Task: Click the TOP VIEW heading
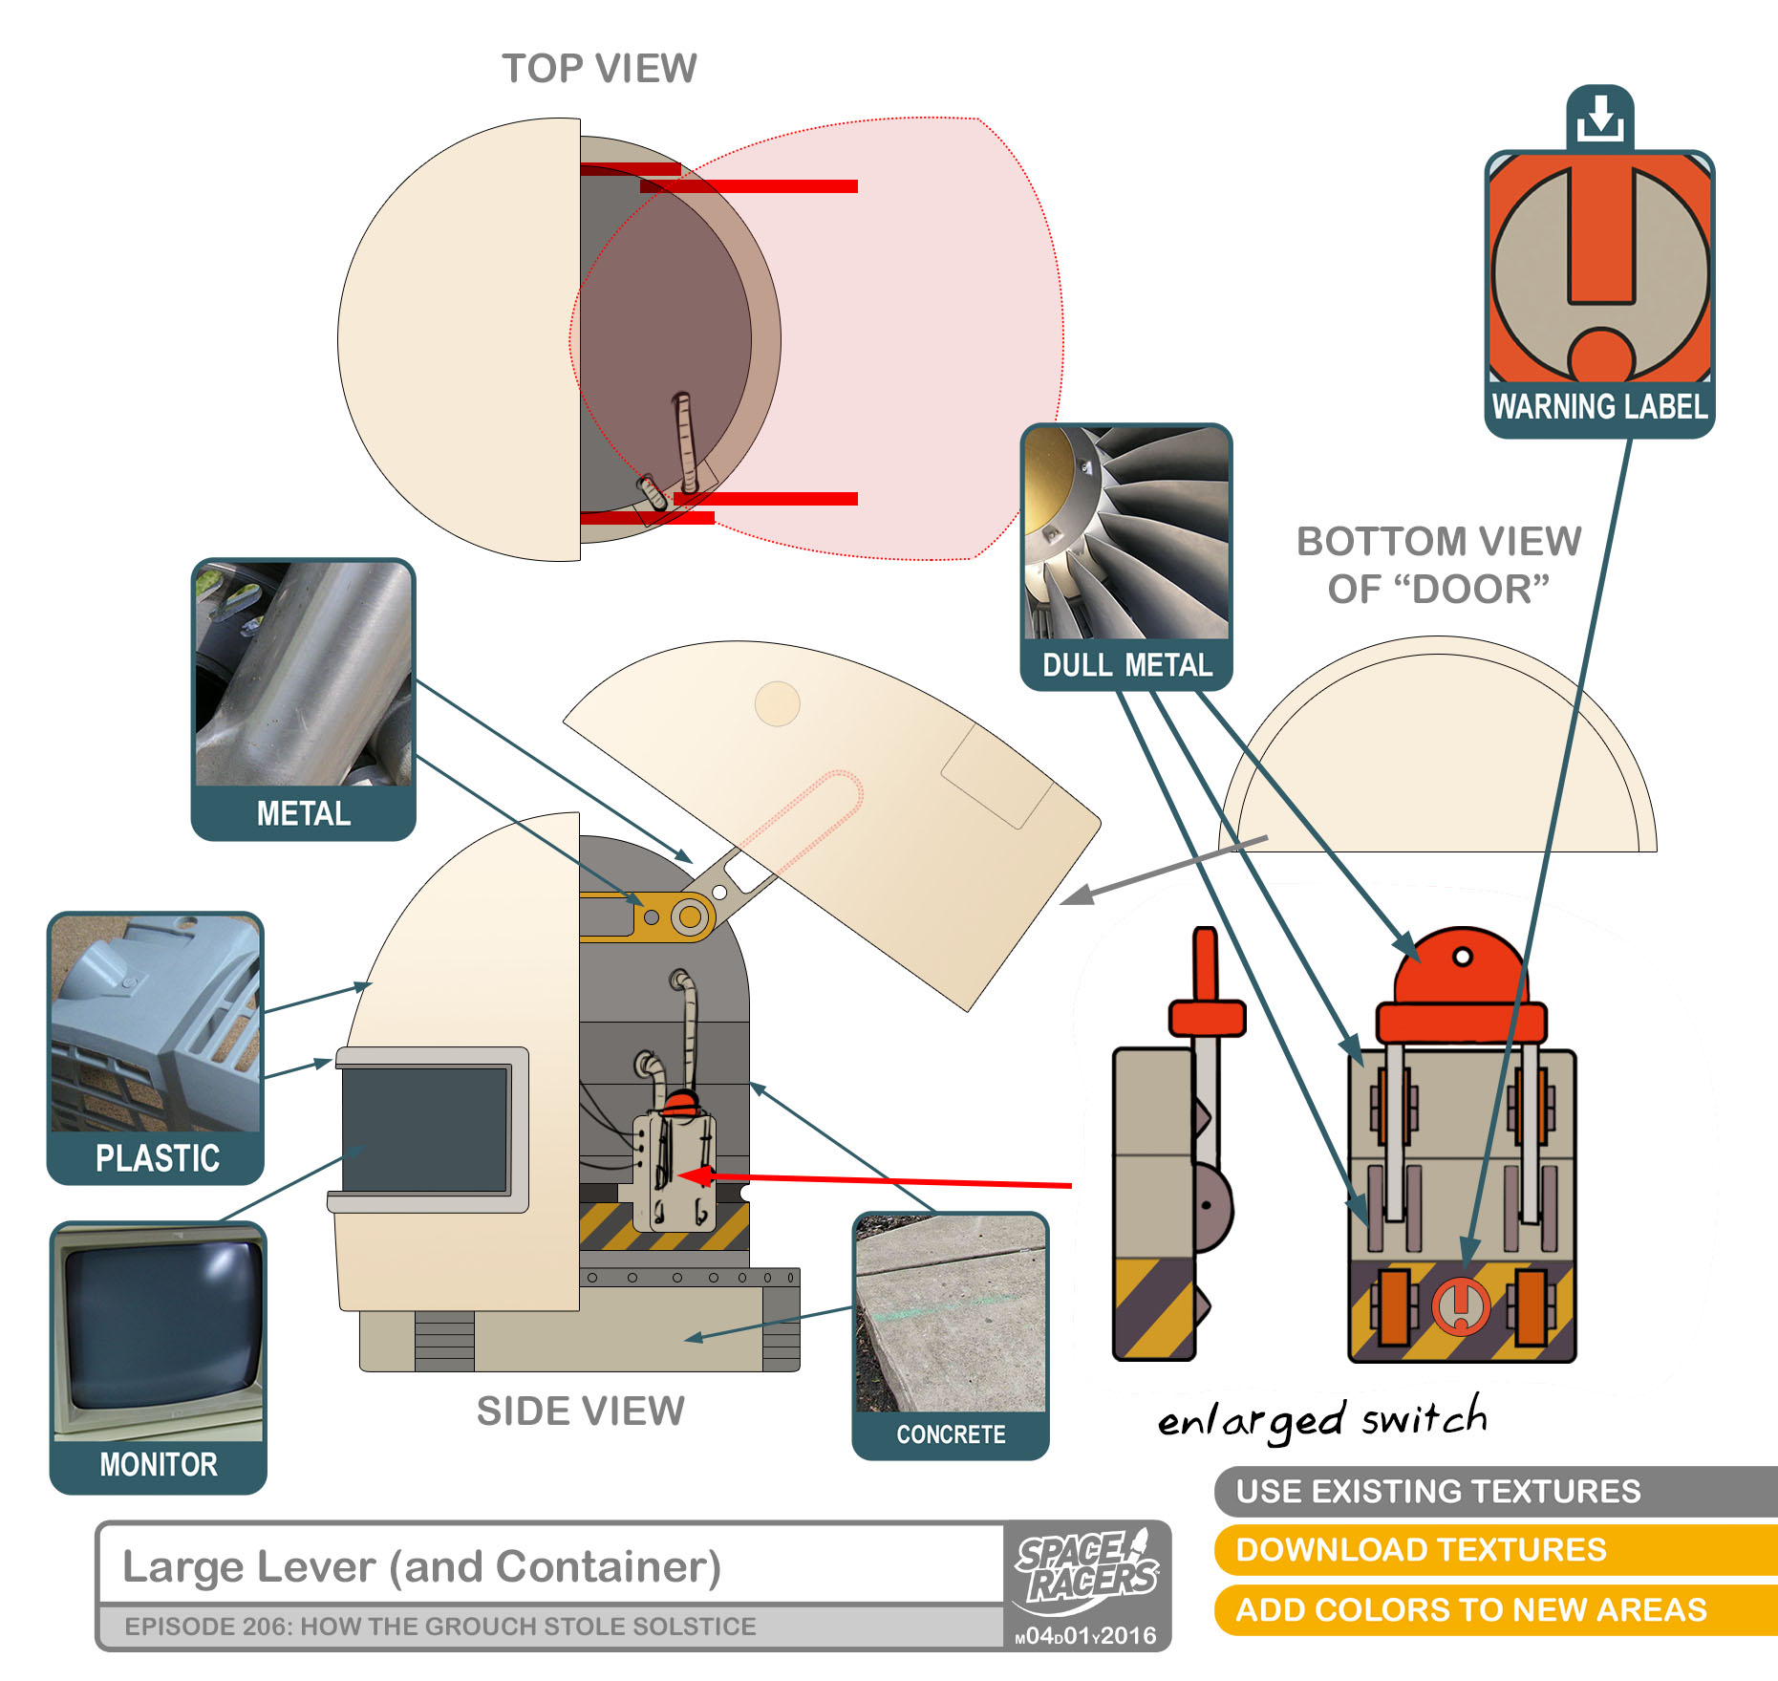click(599, 69)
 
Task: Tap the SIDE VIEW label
click(581, 1412)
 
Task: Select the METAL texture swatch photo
click(304, 674)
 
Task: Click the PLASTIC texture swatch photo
click(156, 1024)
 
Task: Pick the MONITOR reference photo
click(159, 1333)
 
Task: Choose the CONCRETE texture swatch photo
click(951, 1314)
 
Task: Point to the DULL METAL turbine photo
click(1126, 533)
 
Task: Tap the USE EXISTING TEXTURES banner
click(1438, 1492)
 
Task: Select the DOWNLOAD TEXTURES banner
click(1421, 1550)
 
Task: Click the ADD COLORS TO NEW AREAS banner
click(1470, 1610)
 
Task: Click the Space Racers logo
click(1087, 1568)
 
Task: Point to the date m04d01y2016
click(1086, 1636)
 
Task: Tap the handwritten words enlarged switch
click(1322, 1420)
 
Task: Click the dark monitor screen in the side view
click(424, 1130)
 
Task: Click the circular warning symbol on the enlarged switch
click(1460, 1305)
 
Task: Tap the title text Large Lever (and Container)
click(421, 1567)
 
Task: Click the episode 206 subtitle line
click(440, 1627)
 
